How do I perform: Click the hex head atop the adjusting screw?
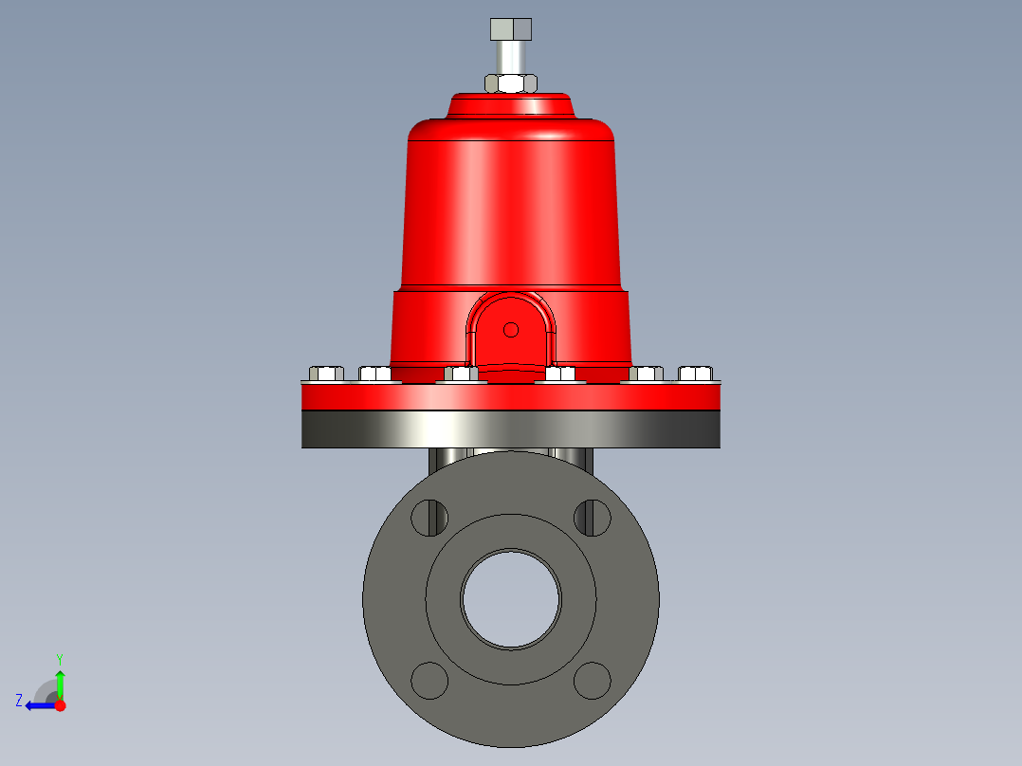(x=511, y=28)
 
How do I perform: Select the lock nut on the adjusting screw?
(x=511, y=82)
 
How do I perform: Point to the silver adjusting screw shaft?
(x=511, y=57)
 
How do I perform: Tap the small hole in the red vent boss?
(x=511, y=330)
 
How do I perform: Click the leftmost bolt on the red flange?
(x=325, y=373)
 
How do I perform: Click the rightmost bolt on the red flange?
(x=696, y=373)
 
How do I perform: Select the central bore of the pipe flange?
(x=511, y=598)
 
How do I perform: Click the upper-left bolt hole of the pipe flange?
(x=429, y=517)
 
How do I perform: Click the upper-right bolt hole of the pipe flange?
(x=593, y=517)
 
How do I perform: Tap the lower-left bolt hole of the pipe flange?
(x=429, y=680)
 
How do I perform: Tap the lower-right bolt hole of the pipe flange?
(x=593, y=680)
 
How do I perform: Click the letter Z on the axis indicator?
(x=19, y=701)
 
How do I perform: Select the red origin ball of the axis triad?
(x=60, y=705)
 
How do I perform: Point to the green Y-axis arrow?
(x=60, y=683)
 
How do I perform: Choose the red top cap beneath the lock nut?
(x=511, y=104)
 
